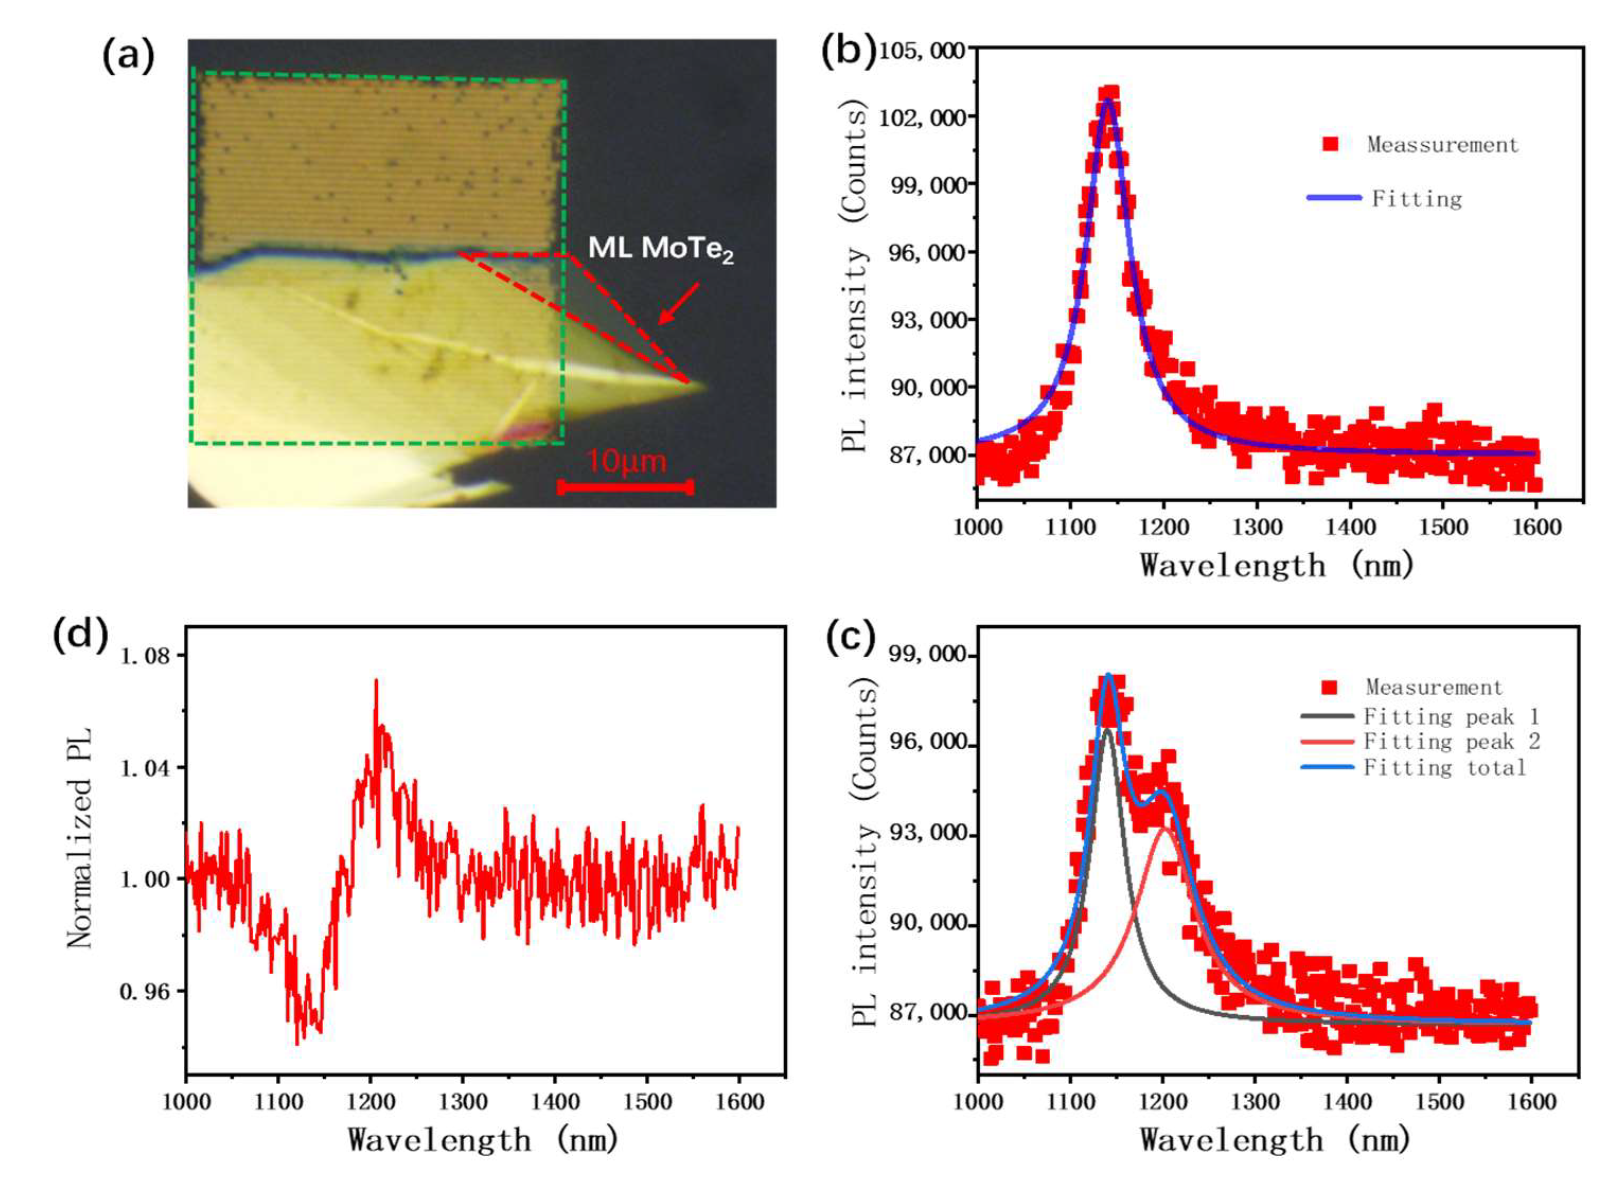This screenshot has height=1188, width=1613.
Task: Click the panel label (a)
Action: pos(128,55)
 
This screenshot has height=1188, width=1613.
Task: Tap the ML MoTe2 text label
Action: pos(660,248)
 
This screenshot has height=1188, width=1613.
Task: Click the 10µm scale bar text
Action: pos(626,461)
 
